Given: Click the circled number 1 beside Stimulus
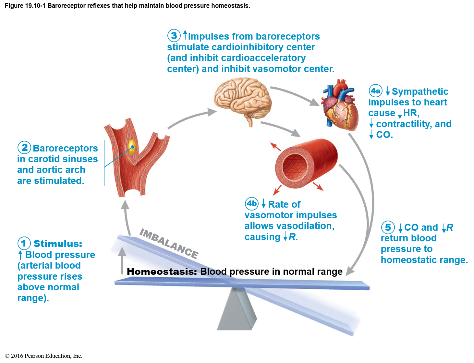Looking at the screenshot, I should click(x=24, y=243).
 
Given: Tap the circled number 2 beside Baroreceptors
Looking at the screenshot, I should click(x=24, y=148).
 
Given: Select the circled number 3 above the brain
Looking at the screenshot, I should click(x=174, y=36).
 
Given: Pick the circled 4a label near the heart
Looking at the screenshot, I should click(x=376, y=91).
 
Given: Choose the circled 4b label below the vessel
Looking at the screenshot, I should click(x=252, y=204).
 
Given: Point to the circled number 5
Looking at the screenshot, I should click(x=388, y=227).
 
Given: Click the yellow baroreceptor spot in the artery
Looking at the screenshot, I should click(x=132, y=146).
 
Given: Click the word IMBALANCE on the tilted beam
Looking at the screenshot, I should click(x=169, y=243).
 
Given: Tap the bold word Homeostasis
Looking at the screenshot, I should click(x=162, y=272).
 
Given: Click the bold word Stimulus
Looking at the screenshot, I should click(x=58, y=244).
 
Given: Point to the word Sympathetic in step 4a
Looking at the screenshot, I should click(x=420, y=91).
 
